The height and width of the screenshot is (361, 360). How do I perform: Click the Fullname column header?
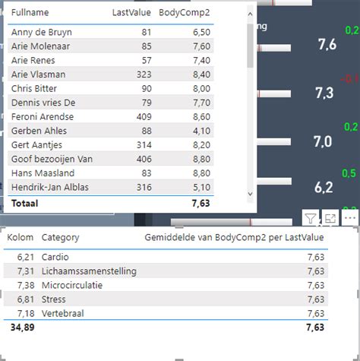pos(30,12)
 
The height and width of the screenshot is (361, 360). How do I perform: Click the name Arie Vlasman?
pos(38,74)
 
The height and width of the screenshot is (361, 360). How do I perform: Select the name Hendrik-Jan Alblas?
pos(49,187)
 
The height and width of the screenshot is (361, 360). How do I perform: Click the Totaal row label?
pos(24,204)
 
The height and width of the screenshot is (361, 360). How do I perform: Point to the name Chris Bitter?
pos(33,89)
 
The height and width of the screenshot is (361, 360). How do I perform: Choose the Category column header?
pos(61,238)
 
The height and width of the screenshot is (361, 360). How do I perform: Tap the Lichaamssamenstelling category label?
pos(89,271)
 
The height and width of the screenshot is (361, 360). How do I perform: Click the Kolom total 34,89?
pos(21,328)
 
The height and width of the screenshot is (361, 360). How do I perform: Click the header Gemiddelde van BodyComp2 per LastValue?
pos(234,238)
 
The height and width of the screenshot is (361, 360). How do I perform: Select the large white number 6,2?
pos(324,187)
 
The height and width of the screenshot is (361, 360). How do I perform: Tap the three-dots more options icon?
pos(349,218)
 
